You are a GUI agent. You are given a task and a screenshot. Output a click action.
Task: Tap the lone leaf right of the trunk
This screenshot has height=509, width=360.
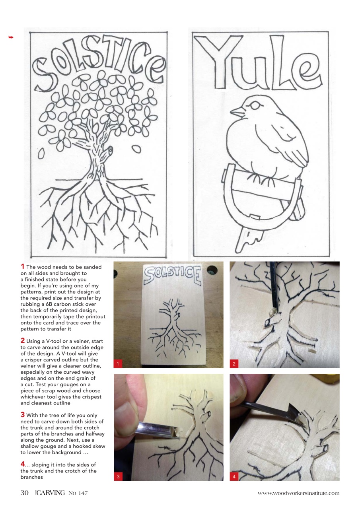136,148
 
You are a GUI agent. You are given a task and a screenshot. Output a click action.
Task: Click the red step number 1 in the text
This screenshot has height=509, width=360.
23,266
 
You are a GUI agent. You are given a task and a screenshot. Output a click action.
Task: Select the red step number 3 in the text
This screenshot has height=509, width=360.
23,415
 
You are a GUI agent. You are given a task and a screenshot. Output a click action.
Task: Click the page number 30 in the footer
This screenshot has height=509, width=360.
25,493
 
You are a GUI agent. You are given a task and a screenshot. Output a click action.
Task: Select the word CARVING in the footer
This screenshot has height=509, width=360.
51,493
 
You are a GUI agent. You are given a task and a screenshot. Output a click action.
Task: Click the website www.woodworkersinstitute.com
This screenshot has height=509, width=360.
298,493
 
